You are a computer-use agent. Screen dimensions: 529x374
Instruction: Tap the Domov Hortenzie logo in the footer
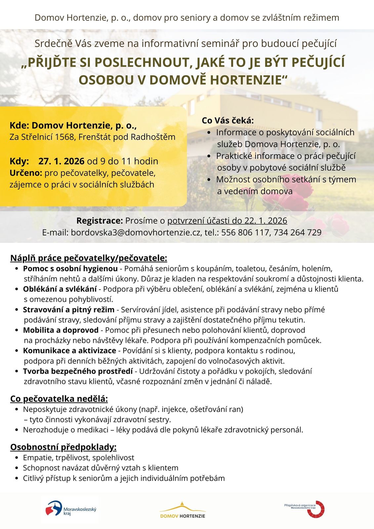tap(183, 510)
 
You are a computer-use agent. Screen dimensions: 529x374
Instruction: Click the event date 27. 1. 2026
tap(61, 161)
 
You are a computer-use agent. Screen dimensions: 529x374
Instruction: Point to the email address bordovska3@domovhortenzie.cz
tap(136, 232)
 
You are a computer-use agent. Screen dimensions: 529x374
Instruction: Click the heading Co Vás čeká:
tap(228, 120)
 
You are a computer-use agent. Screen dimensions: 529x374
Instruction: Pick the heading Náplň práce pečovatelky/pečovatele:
tap(89, 258)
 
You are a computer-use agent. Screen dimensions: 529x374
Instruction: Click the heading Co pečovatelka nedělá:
tap(59, 398)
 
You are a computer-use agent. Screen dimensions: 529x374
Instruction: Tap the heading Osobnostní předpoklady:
tap(63, 447)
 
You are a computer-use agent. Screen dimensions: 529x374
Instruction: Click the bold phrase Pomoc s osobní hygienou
tap(70, 268)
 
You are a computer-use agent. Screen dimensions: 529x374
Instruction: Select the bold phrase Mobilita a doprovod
tap(61, 330)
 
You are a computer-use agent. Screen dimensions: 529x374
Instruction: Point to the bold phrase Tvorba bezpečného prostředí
tap(78, 371)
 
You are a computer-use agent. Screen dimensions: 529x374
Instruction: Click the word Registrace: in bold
tap(100, 221)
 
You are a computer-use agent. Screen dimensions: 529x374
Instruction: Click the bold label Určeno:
tap(26, 173)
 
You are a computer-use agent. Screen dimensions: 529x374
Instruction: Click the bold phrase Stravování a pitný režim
tap(68, 309)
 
